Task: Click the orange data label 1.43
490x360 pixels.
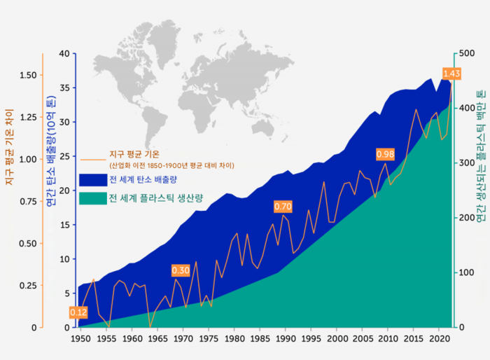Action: coord(451,74)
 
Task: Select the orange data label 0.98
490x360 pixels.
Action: coord(386,154)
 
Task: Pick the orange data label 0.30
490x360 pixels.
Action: coord(181,270)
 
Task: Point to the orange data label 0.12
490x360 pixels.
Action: coord(78,312)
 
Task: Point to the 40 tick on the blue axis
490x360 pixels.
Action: coord(65,54)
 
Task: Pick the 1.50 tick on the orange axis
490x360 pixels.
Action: coord(28,75)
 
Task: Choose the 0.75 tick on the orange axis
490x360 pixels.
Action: coord(28,201)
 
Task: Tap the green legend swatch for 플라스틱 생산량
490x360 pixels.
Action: coord(92,198)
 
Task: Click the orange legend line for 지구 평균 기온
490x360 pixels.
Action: coord(92,156)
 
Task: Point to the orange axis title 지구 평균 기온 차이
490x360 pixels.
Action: coord(9,147)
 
